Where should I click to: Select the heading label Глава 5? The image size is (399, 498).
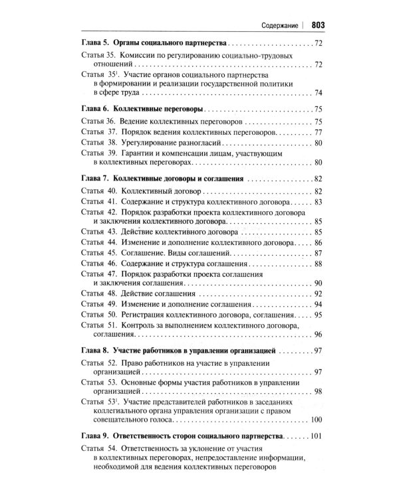(94, 43)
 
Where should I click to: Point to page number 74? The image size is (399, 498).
(318, 93)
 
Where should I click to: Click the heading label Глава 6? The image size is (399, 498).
(94, 109)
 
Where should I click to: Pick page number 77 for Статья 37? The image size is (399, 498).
(318, 132)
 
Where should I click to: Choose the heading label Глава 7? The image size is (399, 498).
(94, 179)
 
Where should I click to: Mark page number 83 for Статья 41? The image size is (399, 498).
(318, 202)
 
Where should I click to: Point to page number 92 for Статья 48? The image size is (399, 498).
(318, 293)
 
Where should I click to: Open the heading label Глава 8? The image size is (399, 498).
(94, 351)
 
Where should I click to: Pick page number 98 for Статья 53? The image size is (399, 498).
(318, 391)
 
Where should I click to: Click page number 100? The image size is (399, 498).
(316, 420)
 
